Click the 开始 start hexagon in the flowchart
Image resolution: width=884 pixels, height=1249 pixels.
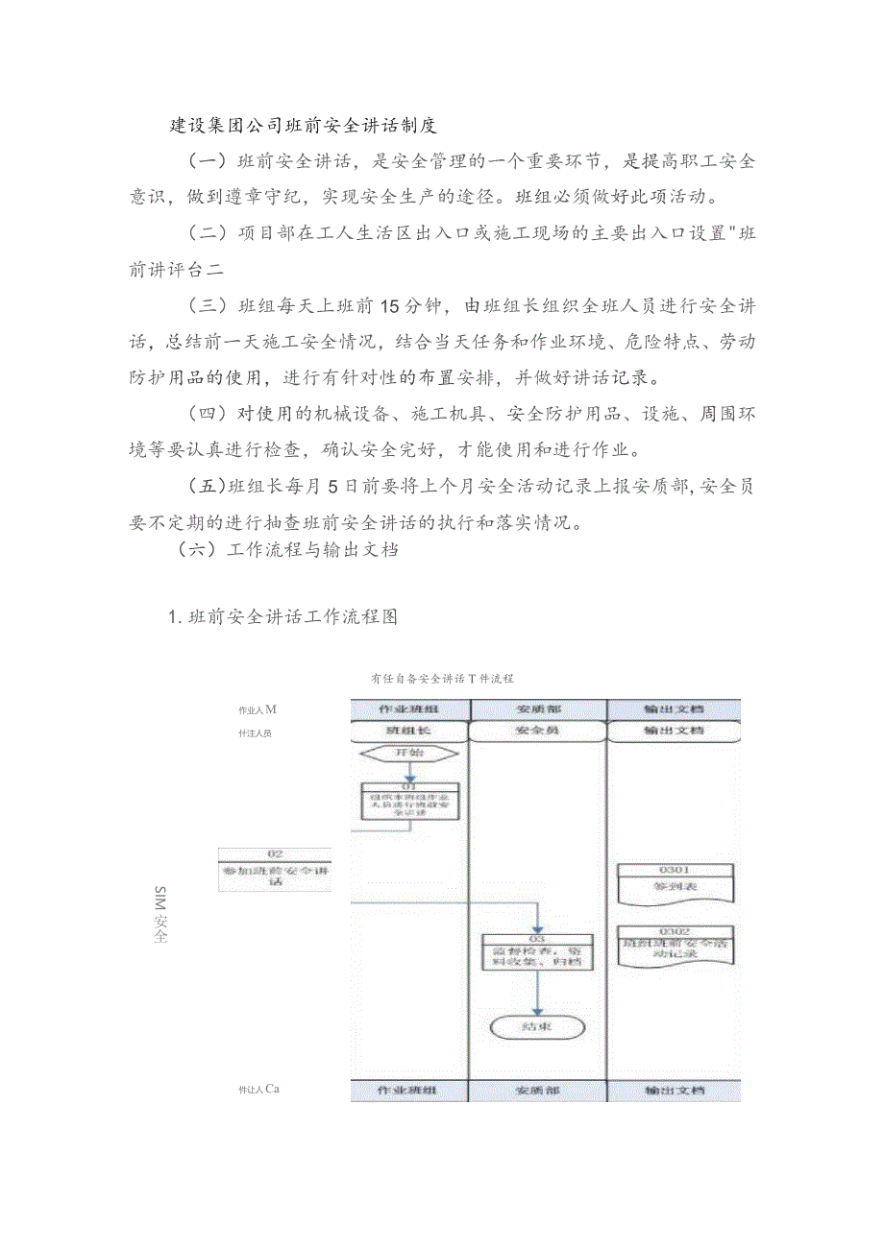(x=410, y=753)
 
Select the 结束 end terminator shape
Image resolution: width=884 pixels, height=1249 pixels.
(x=538, y=1026)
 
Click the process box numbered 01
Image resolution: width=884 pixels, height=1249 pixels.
(x=410, y=802)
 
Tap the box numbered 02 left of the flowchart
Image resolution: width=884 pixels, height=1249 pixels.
(x=275, y=869)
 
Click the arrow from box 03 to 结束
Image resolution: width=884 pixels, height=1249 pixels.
(x=538, y=993)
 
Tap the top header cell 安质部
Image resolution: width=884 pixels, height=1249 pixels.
(x=538, y=709)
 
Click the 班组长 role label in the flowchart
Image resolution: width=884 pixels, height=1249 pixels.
(x=410, y=731)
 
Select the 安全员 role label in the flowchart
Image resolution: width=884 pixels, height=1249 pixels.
(x=538, y=731)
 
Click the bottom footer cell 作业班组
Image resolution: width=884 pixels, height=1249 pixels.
(x=410, y=1091)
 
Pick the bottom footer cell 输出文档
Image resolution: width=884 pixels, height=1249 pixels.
(x=675, y=1091)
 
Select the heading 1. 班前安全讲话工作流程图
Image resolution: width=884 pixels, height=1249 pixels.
(x=282, y=617)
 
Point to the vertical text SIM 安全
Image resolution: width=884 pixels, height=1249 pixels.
(x=160, y=915)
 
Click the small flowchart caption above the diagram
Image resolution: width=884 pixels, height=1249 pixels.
(x=443, y=678)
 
